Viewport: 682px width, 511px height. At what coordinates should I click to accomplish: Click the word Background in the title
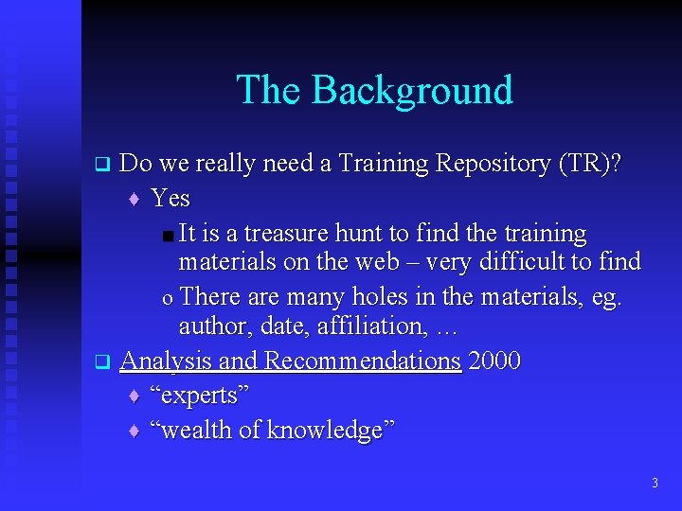coord(412,90)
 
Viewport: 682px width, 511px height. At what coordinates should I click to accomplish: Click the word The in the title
coord(269,90)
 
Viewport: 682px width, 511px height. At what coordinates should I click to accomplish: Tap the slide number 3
coord(655,484)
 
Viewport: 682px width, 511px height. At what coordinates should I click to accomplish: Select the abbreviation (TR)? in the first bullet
coord(590,164)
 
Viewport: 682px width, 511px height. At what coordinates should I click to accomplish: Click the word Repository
coord(493,164)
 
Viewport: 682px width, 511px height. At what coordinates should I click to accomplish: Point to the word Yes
coord(170,199)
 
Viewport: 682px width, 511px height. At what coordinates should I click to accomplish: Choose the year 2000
coord(494,361)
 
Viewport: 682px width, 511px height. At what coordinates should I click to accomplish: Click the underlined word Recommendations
coord(363,361)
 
